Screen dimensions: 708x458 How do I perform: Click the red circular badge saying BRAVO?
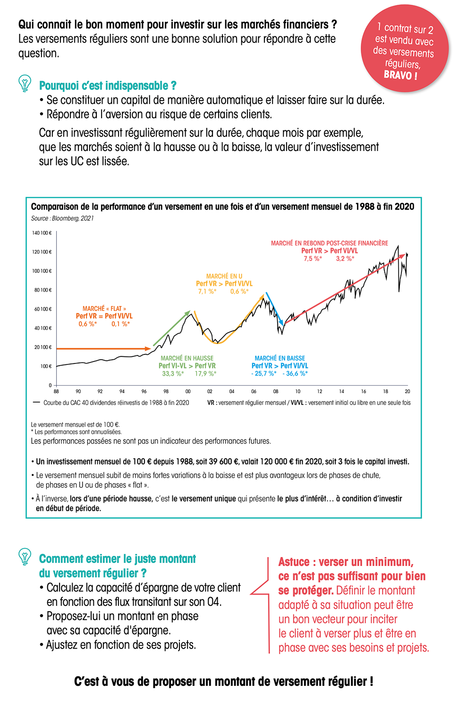[x=405, y=49]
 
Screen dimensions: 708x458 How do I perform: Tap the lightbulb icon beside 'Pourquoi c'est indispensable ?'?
[x=25, y=83]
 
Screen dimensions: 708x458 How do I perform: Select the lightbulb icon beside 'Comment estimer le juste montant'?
[x=25, y=556]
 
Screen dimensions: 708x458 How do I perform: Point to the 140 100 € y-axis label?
[x=42, y=233]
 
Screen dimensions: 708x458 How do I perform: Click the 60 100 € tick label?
[x=42, y=309]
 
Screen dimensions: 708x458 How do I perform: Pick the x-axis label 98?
[x=166, y=391]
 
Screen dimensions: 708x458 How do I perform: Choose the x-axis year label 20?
[x=407, y=391]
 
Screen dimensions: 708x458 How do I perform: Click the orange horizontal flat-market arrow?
[x=104, y=349]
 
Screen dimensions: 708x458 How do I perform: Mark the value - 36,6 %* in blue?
[x=295, y=374]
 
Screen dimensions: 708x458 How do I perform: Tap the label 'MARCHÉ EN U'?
[x=224, y=276]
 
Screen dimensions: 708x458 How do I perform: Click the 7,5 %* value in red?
[x=313, y=259]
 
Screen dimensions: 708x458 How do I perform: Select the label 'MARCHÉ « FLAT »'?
[x=104, y=309]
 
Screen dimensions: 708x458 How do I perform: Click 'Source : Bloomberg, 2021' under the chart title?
[x=62, y=219]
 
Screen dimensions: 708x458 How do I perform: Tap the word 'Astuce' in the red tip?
[x=294, y=562]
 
